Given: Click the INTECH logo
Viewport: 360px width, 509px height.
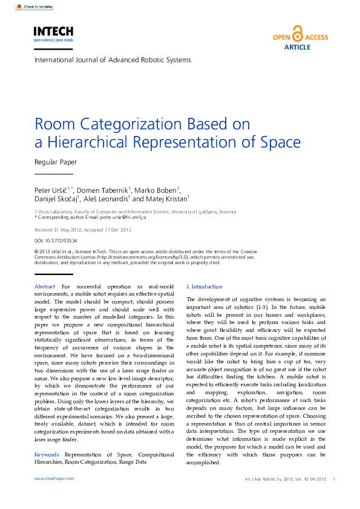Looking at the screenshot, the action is pos(53,31).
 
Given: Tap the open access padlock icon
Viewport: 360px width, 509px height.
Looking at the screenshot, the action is pos(297,34).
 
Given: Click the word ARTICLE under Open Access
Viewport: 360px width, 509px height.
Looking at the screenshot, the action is pos(297,47).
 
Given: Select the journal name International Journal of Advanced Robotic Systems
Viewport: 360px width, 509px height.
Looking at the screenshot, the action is pos(113,60).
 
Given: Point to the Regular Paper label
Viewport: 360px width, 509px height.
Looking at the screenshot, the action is pos(56,162).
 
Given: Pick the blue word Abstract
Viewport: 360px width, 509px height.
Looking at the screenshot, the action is pos(45,287).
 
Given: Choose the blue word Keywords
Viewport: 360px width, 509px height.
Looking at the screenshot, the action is pos(47,453).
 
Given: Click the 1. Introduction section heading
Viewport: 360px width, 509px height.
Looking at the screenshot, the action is pos(204,287).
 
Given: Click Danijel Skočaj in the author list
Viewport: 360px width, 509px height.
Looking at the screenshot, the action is pos(55,198).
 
